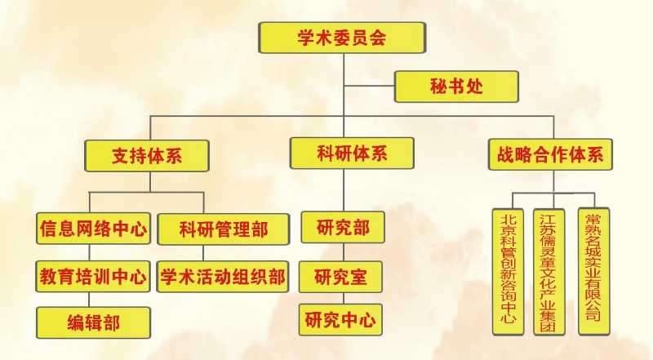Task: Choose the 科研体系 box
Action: click(x=351, y=153)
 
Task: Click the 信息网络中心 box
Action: click(x=93, y=229)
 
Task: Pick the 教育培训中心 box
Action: click(x=93, y=276)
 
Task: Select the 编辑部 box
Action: click(x=93, y=322)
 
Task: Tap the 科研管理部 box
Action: click(x=224, y=229)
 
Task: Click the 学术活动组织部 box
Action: click(x=224, y=276)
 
